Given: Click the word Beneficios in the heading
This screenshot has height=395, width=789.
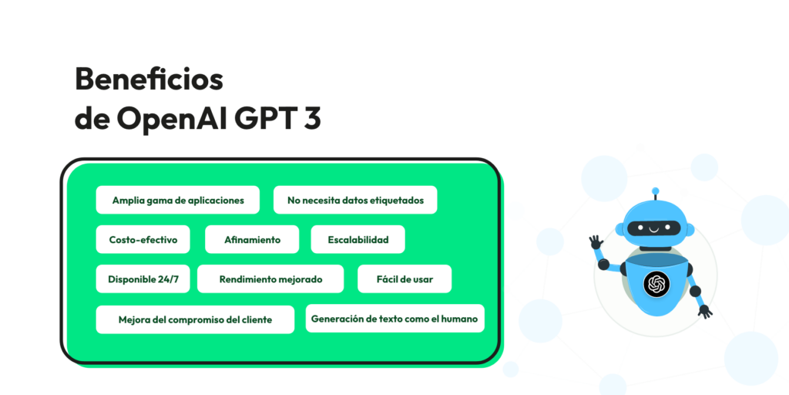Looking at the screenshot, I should point(149,79).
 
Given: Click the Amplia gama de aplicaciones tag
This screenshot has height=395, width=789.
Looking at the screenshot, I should point(178,200).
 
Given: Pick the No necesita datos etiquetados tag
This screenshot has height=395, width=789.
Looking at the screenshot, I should point(355,200).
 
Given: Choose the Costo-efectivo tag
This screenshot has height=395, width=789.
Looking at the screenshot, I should point(143,239).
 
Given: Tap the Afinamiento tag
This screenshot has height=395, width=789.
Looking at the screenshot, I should point(252,239).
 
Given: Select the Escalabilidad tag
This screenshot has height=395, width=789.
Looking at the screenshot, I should point(358,239).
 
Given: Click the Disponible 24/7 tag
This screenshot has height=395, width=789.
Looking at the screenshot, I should point(143,279).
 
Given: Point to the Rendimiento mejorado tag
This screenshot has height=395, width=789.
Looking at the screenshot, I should point(270,279).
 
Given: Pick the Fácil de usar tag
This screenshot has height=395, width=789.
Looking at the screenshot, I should point(405,279).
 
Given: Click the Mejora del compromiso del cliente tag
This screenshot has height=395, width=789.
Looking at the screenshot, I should point(195,319).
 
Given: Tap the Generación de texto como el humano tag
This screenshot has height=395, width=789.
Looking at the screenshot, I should point(394,318).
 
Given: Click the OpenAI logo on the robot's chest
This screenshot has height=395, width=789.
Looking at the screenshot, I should point(656,284).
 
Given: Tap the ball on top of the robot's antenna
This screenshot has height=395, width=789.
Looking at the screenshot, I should point(656,190).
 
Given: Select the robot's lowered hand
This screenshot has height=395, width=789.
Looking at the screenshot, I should point(704,311).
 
